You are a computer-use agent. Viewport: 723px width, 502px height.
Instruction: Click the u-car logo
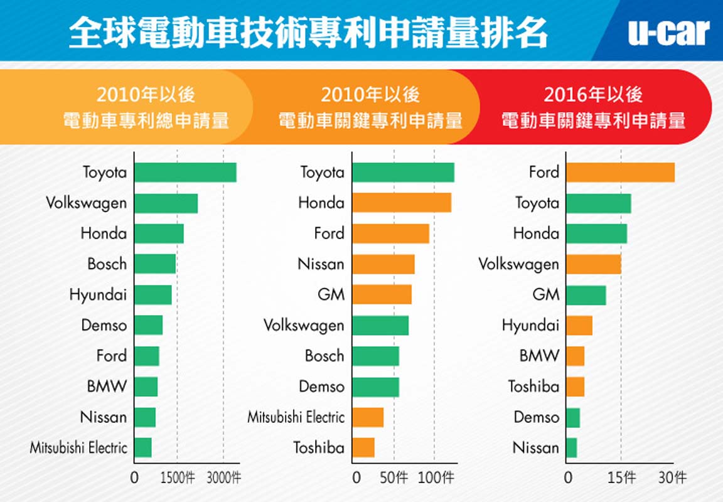(x=668, y=32)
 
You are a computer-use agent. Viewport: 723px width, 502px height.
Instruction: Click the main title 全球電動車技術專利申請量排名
(x=308, y=32)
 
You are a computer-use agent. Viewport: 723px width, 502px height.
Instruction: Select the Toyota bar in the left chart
(x=185, y=173)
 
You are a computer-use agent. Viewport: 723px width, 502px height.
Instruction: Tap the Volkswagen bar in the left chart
(x=166, y=203)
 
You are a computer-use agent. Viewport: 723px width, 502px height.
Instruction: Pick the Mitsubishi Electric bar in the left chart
(x=143, y=447)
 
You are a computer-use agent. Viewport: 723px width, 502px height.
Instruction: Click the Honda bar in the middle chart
(x=402, y=203)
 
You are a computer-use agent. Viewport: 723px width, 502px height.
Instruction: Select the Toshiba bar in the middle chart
(x=363, y=447)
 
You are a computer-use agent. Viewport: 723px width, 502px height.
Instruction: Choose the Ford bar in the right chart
(x=620, y=173)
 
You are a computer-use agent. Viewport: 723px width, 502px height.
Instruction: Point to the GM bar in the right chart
(x=586, y=295)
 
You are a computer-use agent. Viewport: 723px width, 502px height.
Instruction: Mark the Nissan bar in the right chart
(x=571, y=447)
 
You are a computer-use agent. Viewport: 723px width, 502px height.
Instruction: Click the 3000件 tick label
(x=224, y=478)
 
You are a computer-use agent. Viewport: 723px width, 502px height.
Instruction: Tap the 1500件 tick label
(x=178, y=478)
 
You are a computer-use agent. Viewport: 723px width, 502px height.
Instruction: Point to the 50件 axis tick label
(x=394, y=478)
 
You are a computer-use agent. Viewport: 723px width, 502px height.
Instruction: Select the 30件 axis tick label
(x=672, y=478)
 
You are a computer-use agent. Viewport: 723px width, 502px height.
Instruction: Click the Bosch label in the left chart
(x=107, y=264)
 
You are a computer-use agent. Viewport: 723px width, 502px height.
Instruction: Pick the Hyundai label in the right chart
(x=530, y=326)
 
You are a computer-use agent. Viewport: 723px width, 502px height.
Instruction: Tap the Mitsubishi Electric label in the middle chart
(x=296, y=417)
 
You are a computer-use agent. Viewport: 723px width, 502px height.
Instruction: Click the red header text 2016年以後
(x=593, y=95)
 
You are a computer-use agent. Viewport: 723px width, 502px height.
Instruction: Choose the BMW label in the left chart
(x=107, y=387)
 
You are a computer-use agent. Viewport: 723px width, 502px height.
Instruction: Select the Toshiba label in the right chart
(x=533, y=387)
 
